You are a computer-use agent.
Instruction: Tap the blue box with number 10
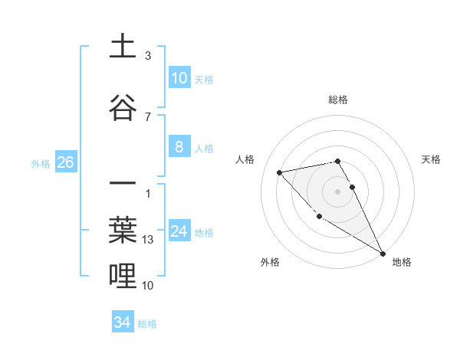(x=179, y=78)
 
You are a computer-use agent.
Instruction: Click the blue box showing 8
(x=179, y=148)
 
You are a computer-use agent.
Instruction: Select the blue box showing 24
(x=179, y=232)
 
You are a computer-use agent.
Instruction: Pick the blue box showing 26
(x=65, y=162)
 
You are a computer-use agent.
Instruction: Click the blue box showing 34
(x=123, y=322)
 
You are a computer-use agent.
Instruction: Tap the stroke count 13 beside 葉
(x=149, y=240)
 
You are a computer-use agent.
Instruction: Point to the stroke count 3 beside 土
(x=148, y=56)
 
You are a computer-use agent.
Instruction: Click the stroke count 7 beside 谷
(x=148, y=116)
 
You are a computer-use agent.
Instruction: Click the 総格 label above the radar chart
(x=338, y=100)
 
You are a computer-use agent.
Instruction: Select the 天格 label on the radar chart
(x=431, y=159)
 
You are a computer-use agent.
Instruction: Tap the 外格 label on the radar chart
(x=270, y=262)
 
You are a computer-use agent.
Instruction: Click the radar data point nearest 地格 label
(x=383, y=254)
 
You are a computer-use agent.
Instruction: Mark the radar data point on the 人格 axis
(x=280, y=172)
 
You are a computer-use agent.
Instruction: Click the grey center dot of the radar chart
(x=338, y=191)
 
